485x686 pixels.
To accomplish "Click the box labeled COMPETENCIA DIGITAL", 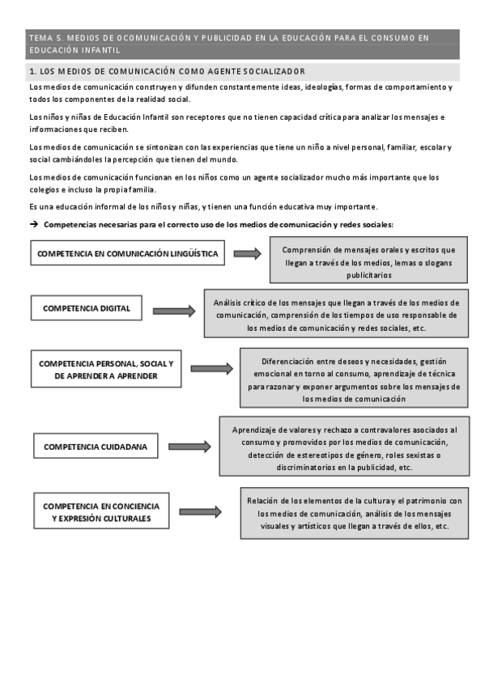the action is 87,308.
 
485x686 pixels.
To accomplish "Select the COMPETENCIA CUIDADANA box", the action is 87,446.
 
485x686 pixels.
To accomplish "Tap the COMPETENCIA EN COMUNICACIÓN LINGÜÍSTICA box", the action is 127,253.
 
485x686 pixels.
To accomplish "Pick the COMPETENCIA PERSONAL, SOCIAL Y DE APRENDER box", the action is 106,370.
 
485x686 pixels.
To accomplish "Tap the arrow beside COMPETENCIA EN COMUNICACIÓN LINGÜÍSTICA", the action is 247,254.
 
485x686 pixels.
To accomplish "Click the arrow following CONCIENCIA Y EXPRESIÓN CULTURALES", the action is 200,512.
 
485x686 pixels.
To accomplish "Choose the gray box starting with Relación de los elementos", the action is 355,513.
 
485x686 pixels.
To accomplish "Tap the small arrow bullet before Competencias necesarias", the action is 34,224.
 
